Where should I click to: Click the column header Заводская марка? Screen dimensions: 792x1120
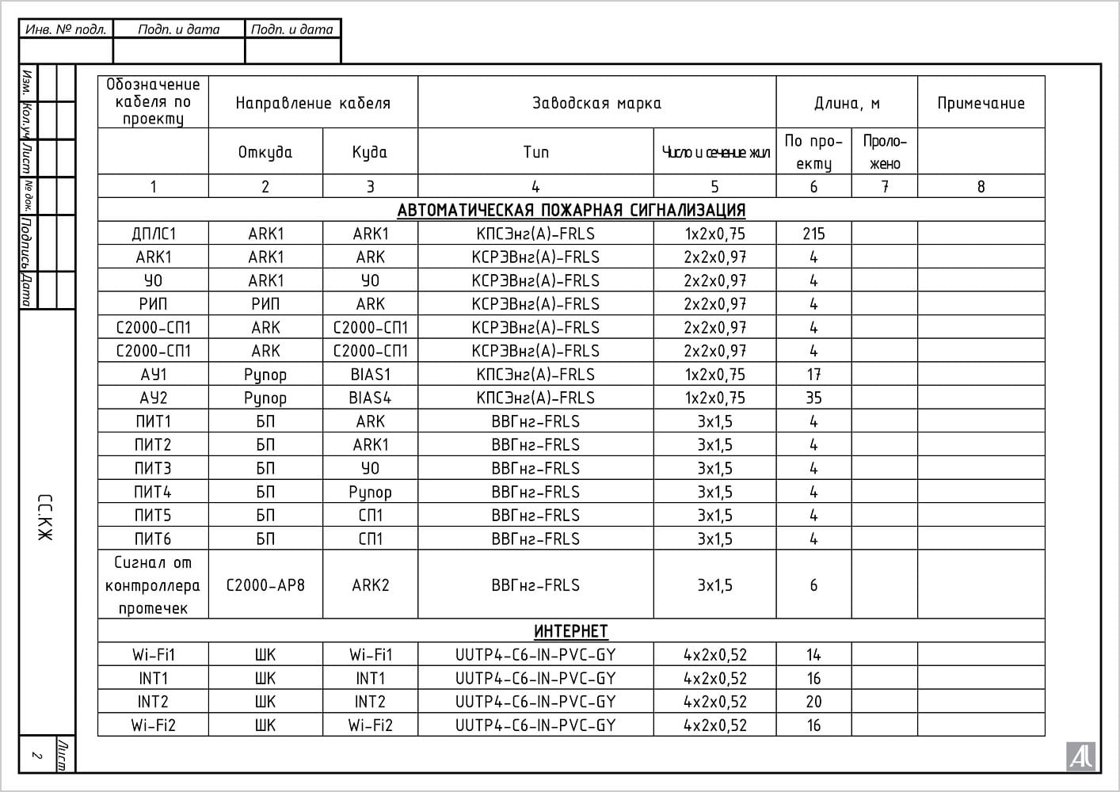(596, 103)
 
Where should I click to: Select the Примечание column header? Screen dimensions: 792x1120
(981, 103)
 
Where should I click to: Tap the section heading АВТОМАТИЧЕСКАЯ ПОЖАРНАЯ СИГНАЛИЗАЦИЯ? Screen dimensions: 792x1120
(571, 211)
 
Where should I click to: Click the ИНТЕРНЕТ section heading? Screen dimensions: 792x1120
(571, 631)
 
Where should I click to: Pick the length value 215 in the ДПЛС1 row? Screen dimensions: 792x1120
(813, 234)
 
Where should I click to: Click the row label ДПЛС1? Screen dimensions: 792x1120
(154, 234)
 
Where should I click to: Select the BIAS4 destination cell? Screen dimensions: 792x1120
(370, 398)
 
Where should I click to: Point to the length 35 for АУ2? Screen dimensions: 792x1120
(813, 398)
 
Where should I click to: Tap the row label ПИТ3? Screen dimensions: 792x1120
(153, 468)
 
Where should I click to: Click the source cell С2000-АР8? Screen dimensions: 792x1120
(265, 585)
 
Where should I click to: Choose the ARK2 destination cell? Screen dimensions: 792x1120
(370, 585)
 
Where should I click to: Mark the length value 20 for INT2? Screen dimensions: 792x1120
(813, 702)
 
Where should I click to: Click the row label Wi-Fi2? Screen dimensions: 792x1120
(154, 725)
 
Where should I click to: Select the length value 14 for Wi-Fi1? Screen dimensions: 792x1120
(813, 655)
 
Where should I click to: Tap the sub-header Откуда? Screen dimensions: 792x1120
(265, 152)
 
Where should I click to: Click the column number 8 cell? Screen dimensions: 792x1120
(981, 187)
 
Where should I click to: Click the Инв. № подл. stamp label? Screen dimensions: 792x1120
(66, 29)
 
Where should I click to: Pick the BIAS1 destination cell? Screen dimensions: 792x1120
(370, 375)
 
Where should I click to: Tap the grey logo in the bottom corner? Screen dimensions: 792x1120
(1081, 756)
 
